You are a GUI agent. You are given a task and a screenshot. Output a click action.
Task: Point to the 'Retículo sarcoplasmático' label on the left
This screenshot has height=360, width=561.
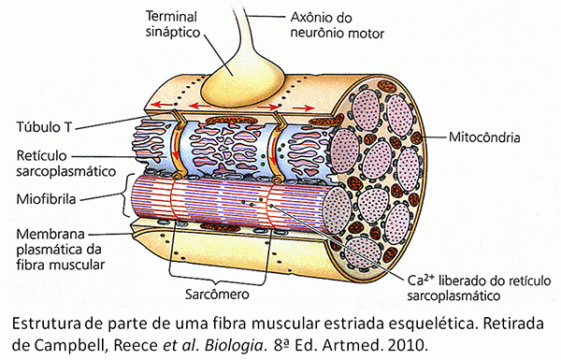(59, 165)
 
